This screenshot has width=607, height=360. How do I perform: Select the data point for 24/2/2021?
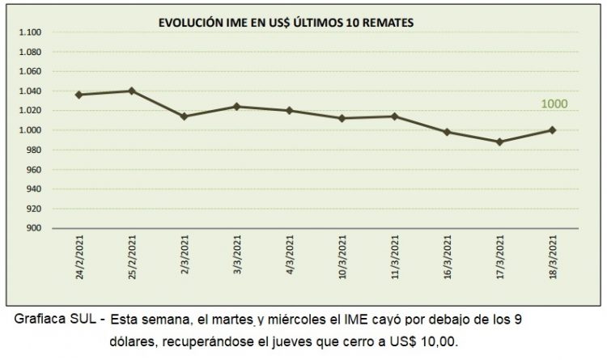coord(79,95)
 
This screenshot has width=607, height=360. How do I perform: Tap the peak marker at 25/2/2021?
coord(131,91)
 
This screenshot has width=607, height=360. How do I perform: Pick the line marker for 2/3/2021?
coord(184,116)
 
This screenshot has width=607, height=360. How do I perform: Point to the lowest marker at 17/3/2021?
coord(499,142)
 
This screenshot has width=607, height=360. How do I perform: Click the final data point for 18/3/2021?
coord(552,129)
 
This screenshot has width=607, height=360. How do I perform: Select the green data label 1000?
coord(554,104)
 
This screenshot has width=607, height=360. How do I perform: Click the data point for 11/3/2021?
coord(394,116)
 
